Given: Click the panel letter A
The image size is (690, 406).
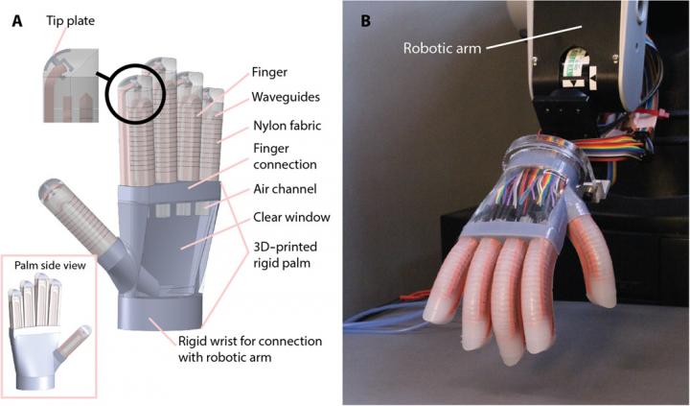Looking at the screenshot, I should coord(16,20).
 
